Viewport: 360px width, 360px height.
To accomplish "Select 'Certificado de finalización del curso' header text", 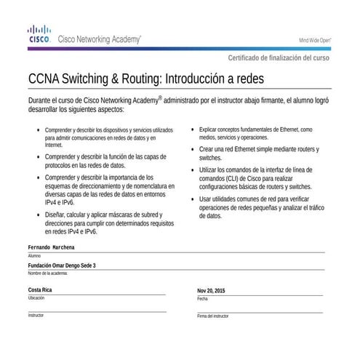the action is coord(279,57).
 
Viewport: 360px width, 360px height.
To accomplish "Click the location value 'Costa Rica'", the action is coord(40,290).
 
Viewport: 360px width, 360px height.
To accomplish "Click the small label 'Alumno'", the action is coord(34,256).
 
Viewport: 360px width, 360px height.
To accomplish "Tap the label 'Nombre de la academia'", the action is coord(47,273).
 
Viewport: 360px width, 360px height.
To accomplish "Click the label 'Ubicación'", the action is coord(36,298).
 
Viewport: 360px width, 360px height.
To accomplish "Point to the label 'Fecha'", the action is coord(202,299).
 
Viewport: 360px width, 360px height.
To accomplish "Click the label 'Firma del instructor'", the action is coord(212,316).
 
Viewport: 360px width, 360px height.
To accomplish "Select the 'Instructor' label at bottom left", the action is coord(36,316).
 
